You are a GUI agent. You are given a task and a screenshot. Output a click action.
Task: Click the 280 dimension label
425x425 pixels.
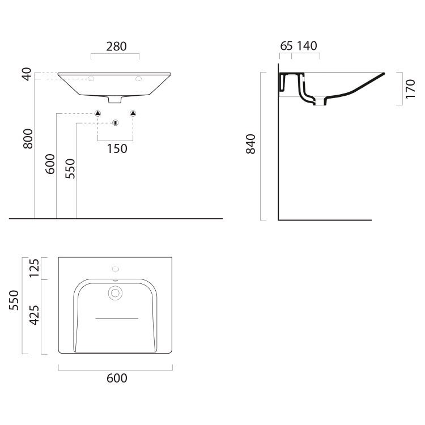[x=116, y=46]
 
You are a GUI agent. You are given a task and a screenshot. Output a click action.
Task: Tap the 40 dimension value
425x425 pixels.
[x=27, y=74]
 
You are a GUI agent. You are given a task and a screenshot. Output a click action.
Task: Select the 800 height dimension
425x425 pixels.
[x=28, y=139]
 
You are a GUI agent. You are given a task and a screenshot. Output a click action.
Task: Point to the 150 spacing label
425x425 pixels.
[x=117, y=149]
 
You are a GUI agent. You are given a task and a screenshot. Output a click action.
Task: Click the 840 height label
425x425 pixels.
[x=250, y=144]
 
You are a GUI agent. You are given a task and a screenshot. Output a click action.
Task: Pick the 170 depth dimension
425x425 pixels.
[x=410, y=89]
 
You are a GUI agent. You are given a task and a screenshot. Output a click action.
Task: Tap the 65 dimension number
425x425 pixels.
[x=286, y=46]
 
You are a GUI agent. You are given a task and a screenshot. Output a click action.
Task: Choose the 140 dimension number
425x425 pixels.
[x=307, y=46]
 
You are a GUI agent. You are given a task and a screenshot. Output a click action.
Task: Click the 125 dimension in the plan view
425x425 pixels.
[x=35, y=268]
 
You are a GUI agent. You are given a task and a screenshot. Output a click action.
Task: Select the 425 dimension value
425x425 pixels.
[x=35, y=315]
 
